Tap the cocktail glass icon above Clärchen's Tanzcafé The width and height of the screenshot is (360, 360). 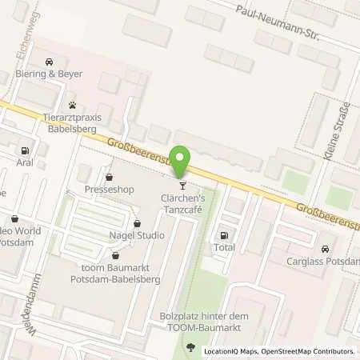click(x=183, y=185)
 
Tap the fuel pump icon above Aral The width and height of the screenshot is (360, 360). click(x=25, y=150)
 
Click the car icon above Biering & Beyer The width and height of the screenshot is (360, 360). click(x=50, y=62)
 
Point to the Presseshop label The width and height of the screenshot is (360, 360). click(x=109, y=190)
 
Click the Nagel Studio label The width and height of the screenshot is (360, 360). click(x=137, y=235)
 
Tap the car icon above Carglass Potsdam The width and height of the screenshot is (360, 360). click(x=324, y=248)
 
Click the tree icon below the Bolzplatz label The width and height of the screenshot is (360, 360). click(x=190, y=346)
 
